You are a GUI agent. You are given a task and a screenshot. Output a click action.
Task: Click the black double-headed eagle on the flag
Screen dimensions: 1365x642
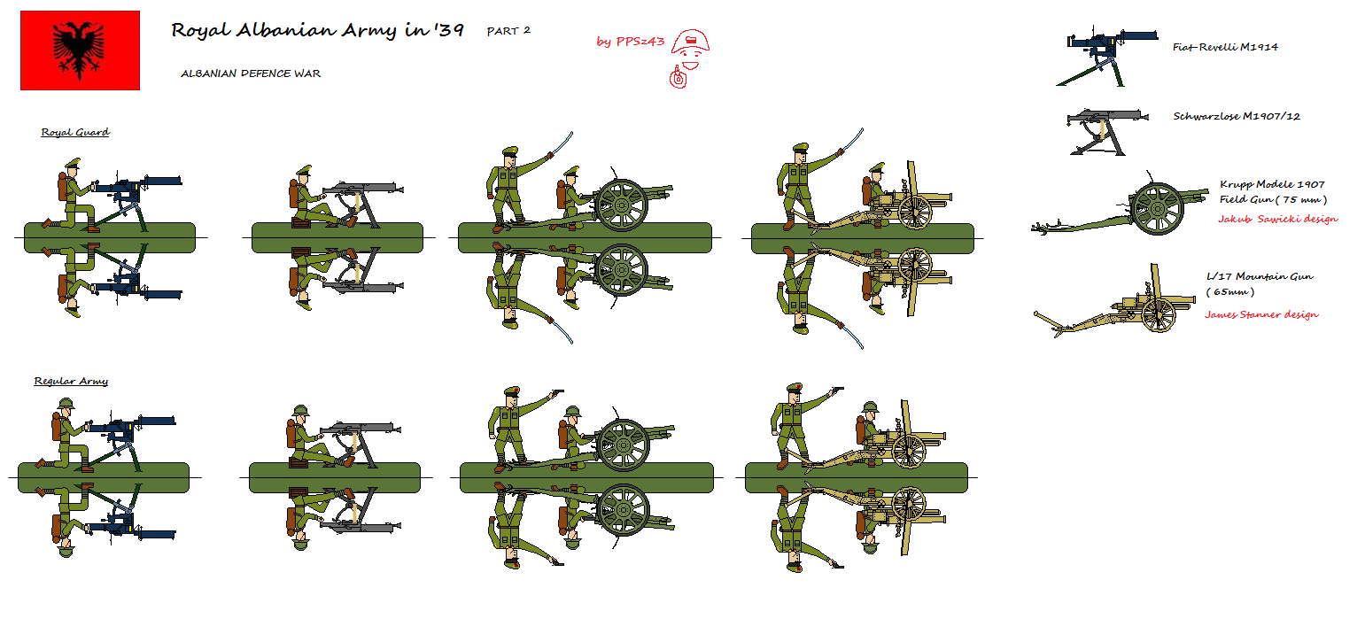(79, 50)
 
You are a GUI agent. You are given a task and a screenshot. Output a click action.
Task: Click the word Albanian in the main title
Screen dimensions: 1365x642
(286, 30)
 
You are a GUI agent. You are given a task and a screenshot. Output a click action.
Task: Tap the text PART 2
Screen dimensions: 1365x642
(508, 31)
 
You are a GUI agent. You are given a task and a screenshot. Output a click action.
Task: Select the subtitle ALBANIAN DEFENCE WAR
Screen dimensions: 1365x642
(251, 73)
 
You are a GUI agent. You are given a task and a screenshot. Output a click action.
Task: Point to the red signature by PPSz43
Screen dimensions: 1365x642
(630, 42)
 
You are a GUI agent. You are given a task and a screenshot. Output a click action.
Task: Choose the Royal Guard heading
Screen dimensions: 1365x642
(75, 132)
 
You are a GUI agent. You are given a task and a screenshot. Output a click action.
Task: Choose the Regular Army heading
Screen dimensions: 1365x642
(71, 382)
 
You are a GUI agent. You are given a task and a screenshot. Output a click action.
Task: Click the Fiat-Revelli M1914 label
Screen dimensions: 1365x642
(1225, 47)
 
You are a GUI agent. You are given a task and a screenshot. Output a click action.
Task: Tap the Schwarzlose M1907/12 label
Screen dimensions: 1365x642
(1237, 116)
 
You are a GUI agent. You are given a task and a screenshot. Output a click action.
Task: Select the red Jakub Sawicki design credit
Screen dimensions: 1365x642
(1278, 219)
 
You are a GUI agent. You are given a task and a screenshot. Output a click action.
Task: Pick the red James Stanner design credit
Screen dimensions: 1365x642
(1261, 314)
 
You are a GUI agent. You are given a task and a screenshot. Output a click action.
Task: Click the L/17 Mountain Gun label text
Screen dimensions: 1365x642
(1260, 276)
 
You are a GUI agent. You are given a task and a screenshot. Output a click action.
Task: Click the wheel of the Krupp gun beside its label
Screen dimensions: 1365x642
(1157, 209)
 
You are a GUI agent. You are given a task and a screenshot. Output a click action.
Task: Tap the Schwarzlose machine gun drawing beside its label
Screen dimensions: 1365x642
(1106, 132)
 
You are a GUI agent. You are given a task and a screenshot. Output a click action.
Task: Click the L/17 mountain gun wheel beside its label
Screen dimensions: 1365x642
(1159, 315)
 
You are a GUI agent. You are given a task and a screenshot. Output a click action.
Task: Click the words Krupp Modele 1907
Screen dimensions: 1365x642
(1272, 184)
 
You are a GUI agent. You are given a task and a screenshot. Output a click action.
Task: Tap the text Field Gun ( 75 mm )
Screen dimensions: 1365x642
(1273, 200)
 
